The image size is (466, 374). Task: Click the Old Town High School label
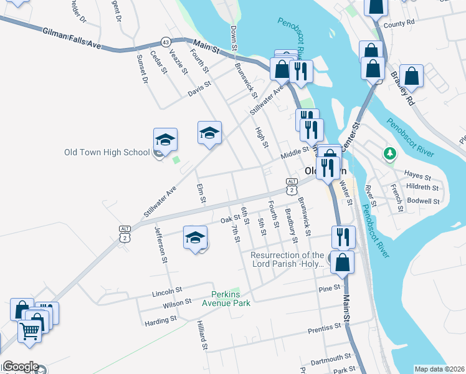pos(107,152)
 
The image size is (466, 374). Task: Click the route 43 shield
pos(165,41)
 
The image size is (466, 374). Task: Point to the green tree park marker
pos(390,153)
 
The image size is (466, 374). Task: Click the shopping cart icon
pos(30,332)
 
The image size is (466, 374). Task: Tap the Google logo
pos(21,367)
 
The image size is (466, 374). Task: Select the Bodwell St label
pos(423,201)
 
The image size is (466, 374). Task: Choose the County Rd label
pos(399,24)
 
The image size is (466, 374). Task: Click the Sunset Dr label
pos(141,69)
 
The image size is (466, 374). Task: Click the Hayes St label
pos(417,176)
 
